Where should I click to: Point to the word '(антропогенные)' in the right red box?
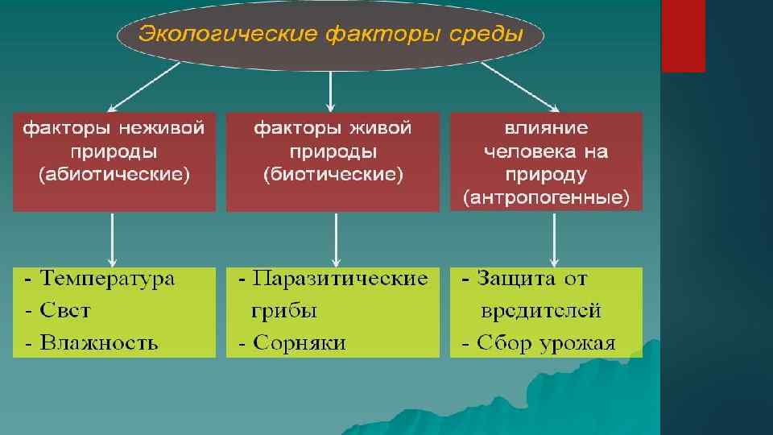546,197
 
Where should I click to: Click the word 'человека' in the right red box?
523,151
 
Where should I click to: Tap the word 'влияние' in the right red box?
546,128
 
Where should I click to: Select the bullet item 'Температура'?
108,280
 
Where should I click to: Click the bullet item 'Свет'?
65,311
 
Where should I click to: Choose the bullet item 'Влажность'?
99,343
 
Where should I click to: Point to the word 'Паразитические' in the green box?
340,280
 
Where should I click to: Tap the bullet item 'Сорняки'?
299,343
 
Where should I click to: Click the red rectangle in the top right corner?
683,35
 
